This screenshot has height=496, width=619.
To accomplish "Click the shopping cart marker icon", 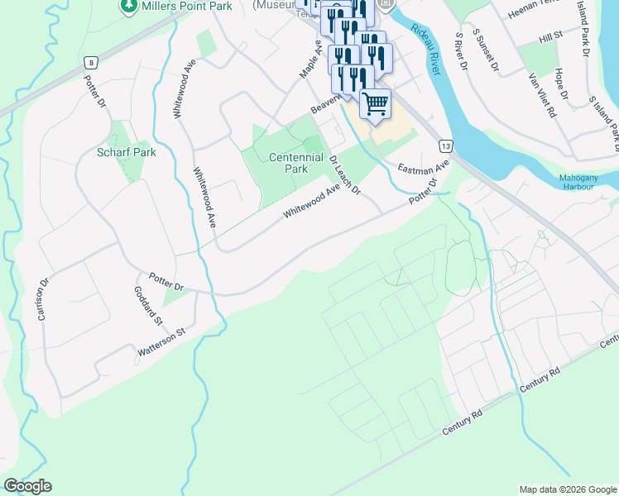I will tap(375, 104).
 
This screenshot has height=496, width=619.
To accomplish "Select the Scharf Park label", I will tap(126, 152).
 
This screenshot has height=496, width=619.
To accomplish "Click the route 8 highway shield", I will tap(89, 61).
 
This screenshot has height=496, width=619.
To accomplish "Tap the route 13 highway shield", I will tap(445, 145).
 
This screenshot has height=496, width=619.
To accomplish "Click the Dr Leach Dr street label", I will tap(345, 174).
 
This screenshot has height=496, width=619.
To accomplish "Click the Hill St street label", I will tap(549, 36).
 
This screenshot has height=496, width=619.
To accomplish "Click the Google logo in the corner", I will tap(27, 486).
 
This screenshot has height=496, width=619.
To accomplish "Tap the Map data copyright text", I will tap(567, 489).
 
